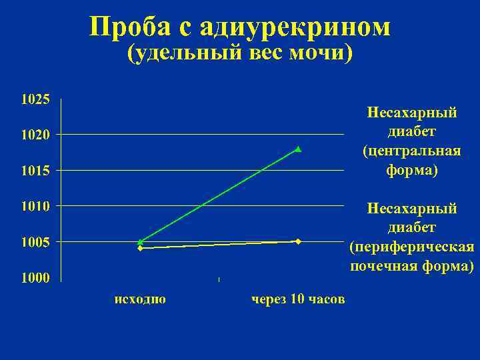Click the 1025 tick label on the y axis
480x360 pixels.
point(35,100)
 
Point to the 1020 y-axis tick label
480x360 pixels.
point(35,135)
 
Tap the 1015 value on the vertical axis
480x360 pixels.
point(35,171)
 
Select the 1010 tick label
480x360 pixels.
point(35,206)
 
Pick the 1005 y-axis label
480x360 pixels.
point(35,242)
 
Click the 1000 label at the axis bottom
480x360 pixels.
point(35,278)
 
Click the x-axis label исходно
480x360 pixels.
point(140,299)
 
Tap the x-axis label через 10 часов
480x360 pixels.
point(298,299)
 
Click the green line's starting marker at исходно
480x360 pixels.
point(140,241)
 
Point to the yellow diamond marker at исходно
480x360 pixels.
point(140,249)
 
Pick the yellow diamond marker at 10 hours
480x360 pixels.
point(298,241)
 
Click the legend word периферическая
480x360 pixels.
point(411,247)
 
